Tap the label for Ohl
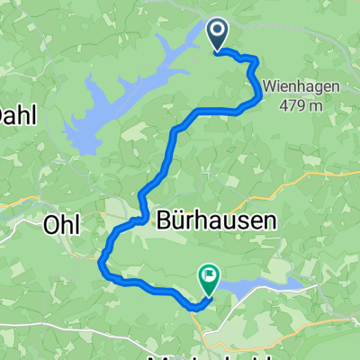pos(64,225)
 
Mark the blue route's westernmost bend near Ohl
pos(100,261)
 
